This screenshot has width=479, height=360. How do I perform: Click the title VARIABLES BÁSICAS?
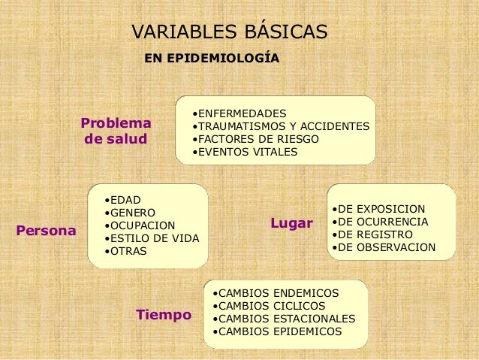point(229,32)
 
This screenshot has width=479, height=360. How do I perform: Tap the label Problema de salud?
point(116,131)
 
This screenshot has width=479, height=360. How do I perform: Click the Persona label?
point(46,231)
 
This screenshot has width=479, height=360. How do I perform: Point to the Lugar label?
point(291,224)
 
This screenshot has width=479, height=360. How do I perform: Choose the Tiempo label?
point(164,314)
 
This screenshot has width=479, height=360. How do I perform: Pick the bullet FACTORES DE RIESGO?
point(256,139)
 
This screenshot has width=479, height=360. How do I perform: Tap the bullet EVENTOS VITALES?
point(245,152)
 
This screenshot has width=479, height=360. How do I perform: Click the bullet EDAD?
point(123,199)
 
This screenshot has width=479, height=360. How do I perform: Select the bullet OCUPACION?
point(140,225)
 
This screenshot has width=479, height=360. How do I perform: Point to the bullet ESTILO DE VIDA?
point(152,238)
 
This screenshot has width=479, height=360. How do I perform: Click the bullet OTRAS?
point(126,251)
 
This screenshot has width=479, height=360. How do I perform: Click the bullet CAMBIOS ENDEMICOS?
point(275,292)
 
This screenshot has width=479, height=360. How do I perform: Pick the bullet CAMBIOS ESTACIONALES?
point(284,318)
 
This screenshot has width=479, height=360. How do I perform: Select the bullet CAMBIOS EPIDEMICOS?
point(276,331)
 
